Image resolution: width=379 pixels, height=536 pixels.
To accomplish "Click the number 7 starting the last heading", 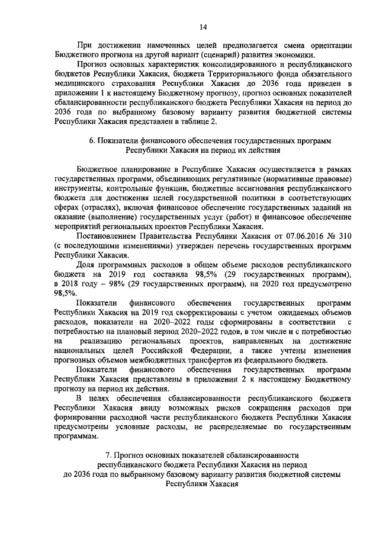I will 107,455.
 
